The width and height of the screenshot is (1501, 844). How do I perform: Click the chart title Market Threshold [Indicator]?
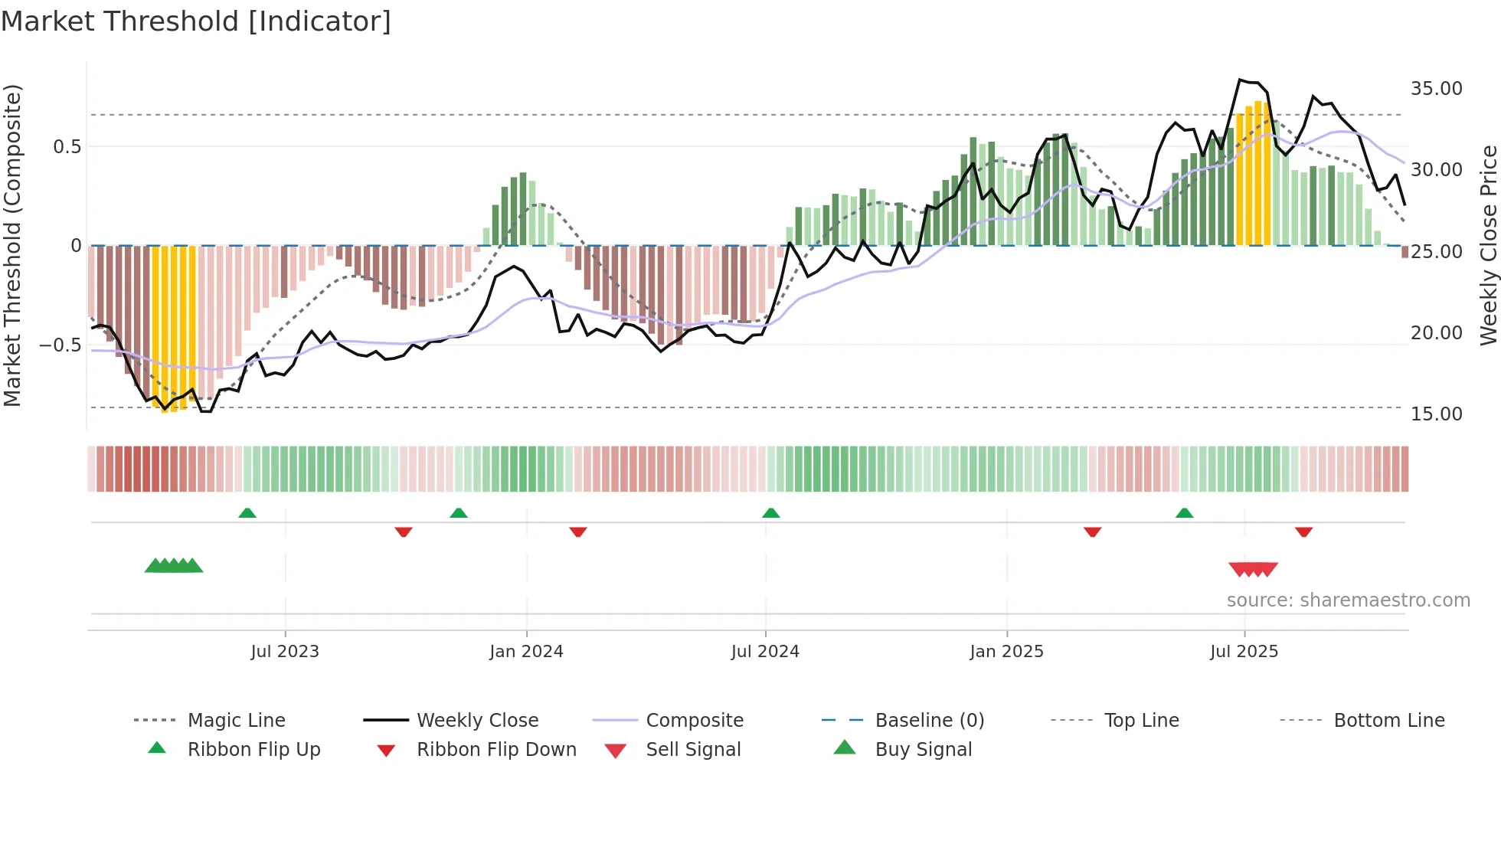point(196,21)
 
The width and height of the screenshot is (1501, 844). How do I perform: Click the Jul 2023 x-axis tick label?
point(285,652)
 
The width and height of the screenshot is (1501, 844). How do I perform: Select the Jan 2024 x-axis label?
point(526,652)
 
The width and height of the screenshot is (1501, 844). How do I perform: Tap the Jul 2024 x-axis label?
point(765,652)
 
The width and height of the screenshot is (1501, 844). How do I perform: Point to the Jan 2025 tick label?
point(1006,652)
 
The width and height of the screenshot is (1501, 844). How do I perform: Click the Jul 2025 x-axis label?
point(1244,652)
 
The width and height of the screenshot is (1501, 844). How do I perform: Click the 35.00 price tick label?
point(1436,89)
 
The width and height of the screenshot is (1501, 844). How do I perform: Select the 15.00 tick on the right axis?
point(1436,414)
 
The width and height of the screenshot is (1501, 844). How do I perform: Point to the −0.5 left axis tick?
point(60,345)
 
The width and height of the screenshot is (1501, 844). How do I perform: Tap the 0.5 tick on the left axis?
point(67,147)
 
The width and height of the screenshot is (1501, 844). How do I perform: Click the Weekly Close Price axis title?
point(1488,245)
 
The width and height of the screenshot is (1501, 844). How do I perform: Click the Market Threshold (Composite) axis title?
point(12,245)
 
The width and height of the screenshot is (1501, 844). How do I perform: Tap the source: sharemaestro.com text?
point(1348,600)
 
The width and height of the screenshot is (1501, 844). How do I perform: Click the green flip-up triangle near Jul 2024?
point(771,513)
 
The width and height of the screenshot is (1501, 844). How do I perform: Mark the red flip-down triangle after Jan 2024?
point(578,532)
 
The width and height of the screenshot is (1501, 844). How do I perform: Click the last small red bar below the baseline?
point(1405,252)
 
